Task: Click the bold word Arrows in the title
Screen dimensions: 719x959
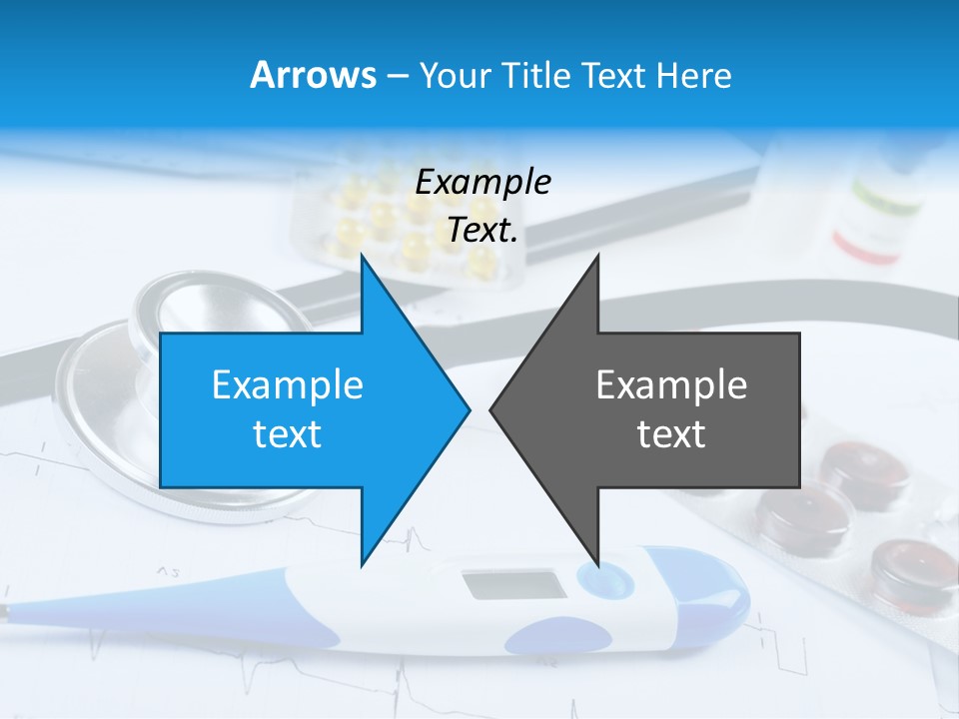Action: [x=313, y=75]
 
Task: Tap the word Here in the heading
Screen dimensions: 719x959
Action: [x=693, y=75]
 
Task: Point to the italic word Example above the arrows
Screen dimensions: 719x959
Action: [x=482, y=182]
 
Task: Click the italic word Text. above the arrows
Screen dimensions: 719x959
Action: [x=482, y=230]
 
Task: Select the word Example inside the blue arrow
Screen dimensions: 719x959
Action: [x=288, y=384]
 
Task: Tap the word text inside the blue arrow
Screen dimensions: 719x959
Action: [x=288, y=433]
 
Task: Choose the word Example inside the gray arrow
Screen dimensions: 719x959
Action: [x=671, y=384]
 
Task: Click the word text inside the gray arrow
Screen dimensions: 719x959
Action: [x=671, y=433]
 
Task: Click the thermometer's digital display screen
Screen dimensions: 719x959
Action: [x=514, y=585]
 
